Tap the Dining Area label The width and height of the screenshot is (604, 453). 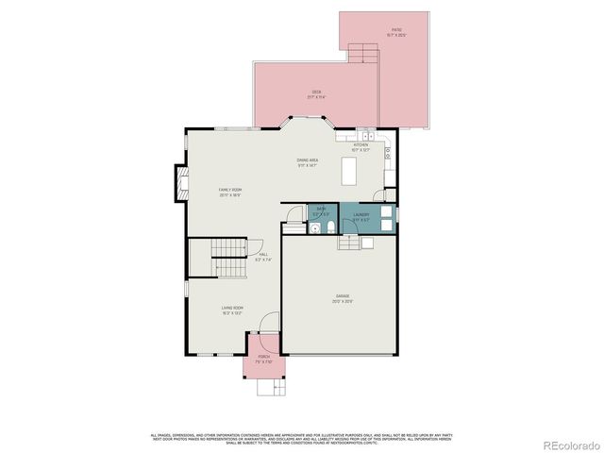[x=308, y=162]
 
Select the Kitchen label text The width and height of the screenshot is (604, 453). [x=360, y=146]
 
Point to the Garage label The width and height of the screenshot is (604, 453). [x=342, y=299]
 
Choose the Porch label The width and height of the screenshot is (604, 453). [x=263, y=359]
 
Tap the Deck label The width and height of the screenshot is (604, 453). [x=316, y=94]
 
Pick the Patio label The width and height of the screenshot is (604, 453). [x=396, y=32]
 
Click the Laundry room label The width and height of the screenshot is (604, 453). [x=361, y=216]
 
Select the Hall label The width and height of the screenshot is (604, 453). [x=263, y=256]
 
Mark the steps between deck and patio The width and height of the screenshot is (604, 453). [x=363, y=54]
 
